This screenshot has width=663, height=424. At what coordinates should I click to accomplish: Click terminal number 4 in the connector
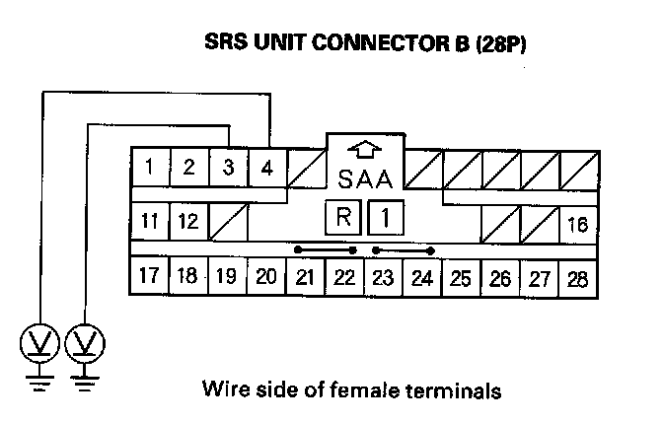(x=266, y=167)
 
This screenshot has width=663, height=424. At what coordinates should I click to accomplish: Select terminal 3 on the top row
(x=228, y=167)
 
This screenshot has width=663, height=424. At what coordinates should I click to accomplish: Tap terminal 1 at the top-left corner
(x=149, y=167)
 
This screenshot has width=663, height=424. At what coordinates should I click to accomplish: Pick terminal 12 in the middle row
(x=188, y=222)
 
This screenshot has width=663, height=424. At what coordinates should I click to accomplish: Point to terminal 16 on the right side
(x=578, y=225)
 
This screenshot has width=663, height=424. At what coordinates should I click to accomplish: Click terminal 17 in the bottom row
(x=149, y=276)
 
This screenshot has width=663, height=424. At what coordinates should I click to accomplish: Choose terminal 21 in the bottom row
(x=305, y=278)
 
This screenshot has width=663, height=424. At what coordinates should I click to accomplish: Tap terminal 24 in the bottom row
(x=421, y=278)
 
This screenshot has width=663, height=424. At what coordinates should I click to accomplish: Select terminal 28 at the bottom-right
(x=578, y=278)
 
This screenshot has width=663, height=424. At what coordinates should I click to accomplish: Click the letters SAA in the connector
(x=365, y=180)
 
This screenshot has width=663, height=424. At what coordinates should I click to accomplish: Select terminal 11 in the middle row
(x=149, y=222)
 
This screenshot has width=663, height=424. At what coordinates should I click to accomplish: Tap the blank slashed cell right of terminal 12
(x=228, y=222)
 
